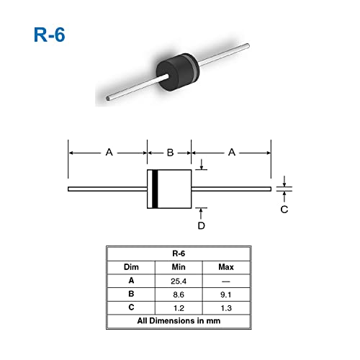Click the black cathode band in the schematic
153,189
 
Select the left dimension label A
109,152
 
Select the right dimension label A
231,152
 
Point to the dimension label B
170,152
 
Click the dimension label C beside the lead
284,210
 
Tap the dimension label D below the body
202,225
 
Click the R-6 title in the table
181,253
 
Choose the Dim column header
130,267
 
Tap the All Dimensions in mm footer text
181,322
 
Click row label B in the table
130,294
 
